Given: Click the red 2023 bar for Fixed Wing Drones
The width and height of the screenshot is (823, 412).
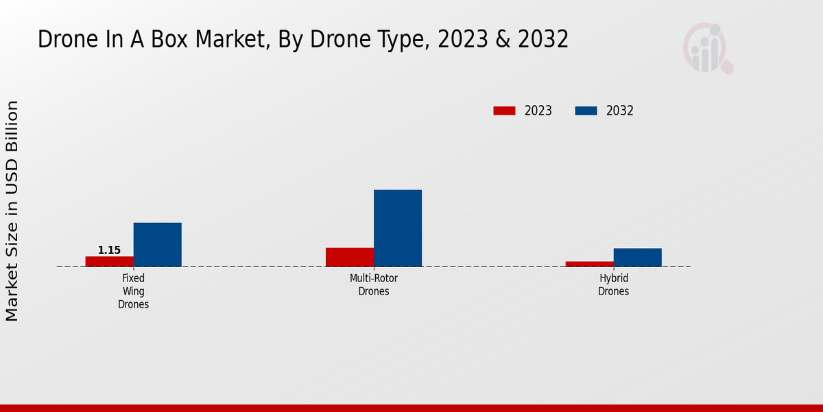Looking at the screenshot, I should click(x=109, y=261).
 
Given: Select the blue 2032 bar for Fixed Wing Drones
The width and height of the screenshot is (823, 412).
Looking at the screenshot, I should click(x=157, y=244).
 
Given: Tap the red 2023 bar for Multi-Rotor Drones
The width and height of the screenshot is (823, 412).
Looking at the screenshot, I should click(x=349, y=257).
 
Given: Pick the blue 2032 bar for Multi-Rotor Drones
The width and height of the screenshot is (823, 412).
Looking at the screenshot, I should click(x=397, y=228).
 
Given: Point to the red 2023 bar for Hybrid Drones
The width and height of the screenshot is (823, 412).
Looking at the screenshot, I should click(x=589, y=264).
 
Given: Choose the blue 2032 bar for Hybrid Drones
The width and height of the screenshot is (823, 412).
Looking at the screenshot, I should click(x=637, y=257).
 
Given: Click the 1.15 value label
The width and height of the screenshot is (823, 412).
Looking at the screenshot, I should click(x=109, y=250).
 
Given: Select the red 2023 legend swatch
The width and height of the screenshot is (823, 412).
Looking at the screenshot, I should click(x=504, y=111).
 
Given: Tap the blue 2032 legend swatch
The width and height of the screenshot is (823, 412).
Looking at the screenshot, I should click(x=586, y=111).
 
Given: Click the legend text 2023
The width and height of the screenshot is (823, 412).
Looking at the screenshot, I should click(x=538, y=111).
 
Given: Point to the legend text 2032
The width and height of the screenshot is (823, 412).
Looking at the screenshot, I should click(x=619, y=111).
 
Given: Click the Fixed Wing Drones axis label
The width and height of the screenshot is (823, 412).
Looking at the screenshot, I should click(x=133, y=291).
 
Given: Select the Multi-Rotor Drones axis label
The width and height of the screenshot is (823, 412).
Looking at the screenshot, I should click(x=373, y=285).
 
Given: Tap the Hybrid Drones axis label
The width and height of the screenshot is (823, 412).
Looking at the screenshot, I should click(x=613, y=285).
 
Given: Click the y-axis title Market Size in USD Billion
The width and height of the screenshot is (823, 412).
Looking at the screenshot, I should click(x=12, y=211).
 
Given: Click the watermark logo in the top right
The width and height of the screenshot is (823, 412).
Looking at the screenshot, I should click(x=707, y=48).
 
